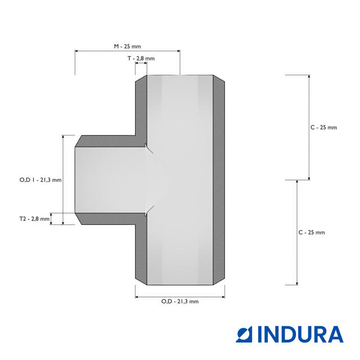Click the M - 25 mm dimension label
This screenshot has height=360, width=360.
tap(128, 46)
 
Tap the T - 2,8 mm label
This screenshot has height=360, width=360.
tap(141, 58)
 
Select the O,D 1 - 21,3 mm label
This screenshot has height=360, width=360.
tap(40, 180)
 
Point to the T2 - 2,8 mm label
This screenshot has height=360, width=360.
tap(34, 219)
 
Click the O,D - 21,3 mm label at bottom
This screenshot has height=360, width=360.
tap(180, 301)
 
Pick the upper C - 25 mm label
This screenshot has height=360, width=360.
tap(324, 128)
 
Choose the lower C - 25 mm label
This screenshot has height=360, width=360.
tap(312, 232)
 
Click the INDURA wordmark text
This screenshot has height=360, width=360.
tap(300, 334)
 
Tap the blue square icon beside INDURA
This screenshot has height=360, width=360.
tap(244, 334)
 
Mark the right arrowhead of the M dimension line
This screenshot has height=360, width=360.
tap(178, 51)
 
